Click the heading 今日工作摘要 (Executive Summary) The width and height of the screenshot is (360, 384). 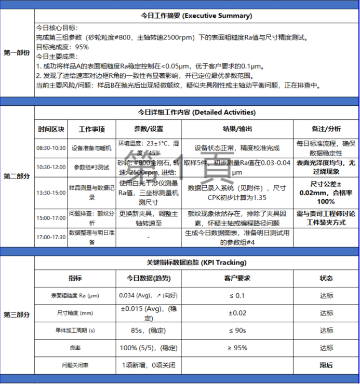coord(196,16)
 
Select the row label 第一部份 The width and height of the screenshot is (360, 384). coord(17,52)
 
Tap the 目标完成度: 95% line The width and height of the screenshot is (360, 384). coord(62,47)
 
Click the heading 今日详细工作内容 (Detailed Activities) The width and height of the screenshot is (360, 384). coord(196,112)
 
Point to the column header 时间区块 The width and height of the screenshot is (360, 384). coord(51,129)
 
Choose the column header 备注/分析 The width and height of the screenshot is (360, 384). coord(326,129)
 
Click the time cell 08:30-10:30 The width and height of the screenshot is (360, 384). coord(51,148)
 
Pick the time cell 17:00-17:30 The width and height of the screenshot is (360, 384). coord(51,237)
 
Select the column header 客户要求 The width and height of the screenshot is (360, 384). coord(237,278)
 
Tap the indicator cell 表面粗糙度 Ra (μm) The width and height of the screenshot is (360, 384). coord(75,295)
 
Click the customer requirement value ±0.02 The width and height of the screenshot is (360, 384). coord(237,313)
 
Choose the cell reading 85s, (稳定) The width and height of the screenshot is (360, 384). coord(148,330)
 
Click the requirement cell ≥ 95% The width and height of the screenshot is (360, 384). coord(237,348)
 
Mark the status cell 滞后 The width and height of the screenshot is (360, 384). coord(326,365)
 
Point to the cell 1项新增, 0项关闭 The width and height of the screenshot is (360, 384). coord(148,365)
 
